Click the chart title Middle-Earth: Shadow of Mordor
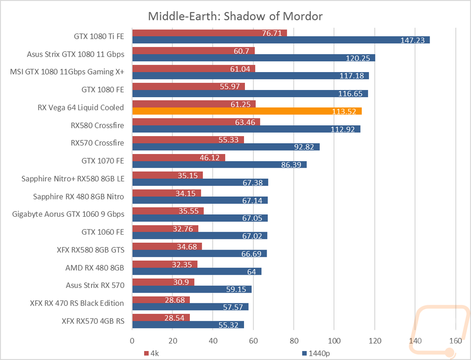pyautogui.click(x=235, y=16)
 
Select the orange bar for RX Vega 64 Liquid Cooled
pyautogui.click(x=247, y=111)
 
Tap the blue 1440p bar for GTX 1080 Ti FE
pyautogui.click(x=281, y=40)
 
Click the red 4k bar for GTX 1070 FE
pyautogui.click(x=179, y=157)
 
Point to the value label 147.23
pyautogui.click(x=413, y=40)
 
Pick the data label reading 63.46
pyautogui.click(x=245, y=123)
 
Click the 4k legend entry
pyautogui.click(x=151, y=353)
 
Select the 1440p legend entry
pyautogui.click(x=316, y=353)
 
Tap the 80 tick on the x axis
pyautogui.click(x=294, y=341)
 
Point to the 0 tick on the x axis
pyautogui.click(x=132, y=341)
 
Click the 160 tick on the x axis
pyautogui.click(x=455, y=341)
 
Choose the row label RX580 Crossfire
pyautogui.click(x=97, y=125)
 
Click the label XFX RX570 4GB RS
pyautogui.click(x=93, y=321)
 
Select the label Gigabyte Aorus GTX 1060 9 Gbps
pyautogui.click(x=68, y=214)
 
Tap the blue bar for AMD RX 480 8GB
pyautogui.click(x=197, y=271)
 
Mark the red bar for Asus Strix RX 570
pyautogui.click(x=163, y=282)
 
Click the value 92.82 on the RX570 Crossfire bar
pyautogui.click(x=304, y=147)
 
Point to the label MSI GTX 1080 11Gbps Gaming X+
pyautogui.click(x=67, y=72)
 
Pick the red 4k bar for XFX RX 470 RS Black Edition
pyautogui.click(x=161, y=300)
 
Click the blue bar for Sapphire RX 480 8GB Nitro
pyautogui.click(x=200, y=200)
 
